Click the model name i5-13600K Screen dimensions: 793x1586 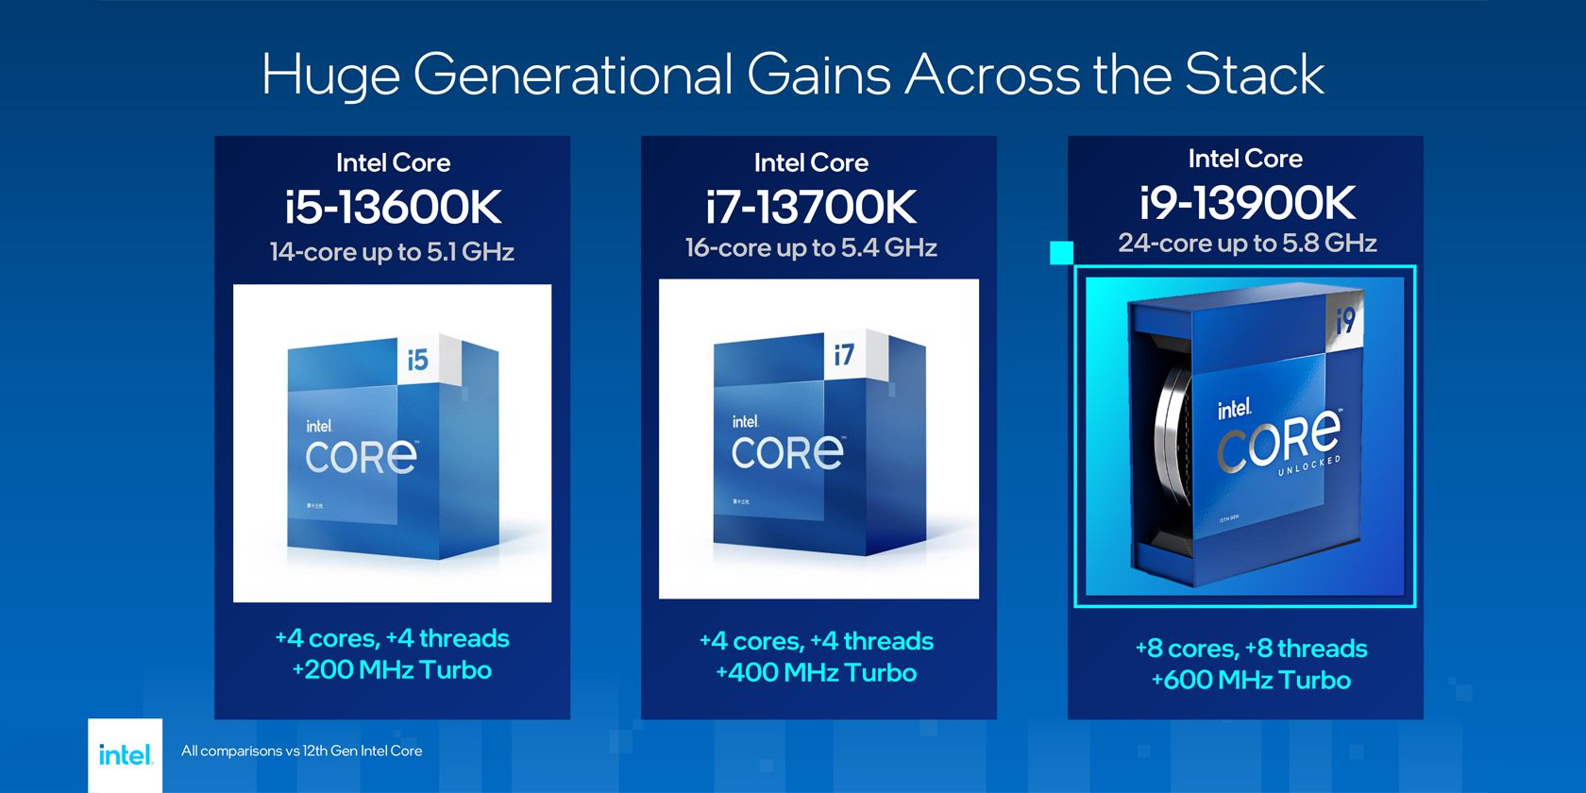[x=393, y=208]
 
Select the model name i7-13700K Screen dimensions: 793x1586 [x=811, y=208]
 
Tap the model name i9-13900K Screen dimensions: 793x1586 [x=1246, y=203]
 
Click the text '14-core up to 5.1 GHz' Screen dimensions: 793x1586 [x=392, y=252]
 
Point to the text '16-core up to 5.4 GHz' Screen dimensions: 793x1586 [x=811, y=248]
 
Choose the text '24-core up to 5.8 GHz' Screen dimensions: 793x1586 [x=1247, y=244]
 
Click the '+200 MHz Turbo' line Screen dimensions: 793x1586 [x=392, y=670]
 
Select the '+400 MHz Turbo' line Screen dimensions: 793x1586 [x=817, y=673]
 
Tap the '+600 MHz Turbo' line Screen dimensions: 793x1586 [x=1251, y=681]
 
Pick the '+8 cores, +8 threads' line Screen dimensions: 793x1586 [x=1251, y=649]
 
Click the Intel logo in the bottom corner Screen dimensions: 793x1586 [x=125, y=755]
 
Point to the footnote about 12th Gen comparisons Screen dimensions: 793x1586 [x=301, y=751]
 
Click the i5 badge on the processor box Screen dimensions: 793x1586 [x=418, y=360]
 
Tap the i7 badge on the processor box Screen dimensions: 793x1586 [x=844, y=354]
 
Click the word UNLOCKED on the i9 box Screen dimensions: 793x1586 [x=1309, y=465]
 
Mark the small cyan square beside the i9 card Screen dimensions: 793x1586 [x=1061, y=253]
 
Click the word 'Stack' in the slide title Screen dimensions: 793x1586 [x=1254, y=76]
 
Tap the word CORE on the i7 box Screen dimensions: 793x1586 [x=787, y=453]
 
